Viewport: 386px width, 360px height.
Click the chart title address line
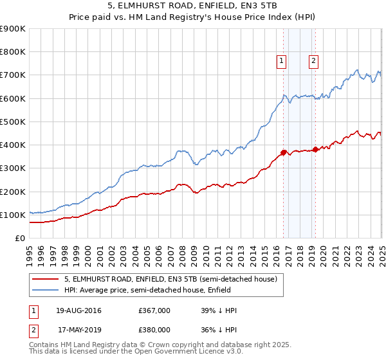[x=193, y=7]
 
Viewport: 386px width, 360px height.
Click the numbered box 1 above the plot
[x=282, y=61]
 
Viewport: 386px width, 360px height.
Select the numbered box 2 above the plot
[x=313, y=61]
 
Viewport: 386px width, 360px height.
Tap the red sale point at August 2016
[x=283, y=152]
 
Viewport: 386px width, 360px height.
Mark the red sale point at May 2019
[x=315, y=149]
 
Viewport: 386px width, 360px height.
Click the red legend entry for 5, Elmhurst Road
[x=170, y=279]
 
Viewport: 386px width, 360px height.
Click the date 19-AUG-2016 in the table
[x=78, y=311]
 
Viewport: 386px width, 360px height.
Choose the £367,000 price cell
[x=154, y=311]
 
